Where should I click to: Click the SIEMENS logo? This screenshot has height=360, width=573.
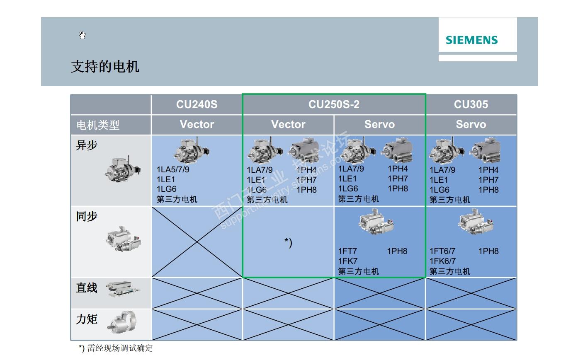[471, 40]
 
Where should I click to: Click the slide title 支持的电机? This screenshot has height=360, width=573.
[105, 66]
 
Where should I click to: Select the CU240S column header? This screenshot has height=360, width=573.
[197, 104]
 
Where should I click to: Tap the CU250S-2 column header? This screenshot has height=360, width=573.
[334, 104]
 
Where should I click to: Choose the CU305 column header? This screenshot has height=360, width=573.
[471, 104]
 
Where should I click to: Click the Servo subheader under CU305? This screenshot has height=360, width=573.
[471, 124]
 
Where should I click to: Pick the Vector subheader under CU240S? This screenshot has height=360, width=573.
[197, 124]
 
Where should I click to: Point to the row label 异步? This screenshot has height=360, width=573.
[87, 145]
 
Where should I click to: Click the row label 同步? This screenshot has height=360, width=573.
[87, 216]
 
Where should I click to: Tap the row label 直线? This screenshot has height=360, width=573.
[87, 288]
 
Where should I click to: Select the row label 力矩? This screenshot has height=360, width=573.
[87, 319]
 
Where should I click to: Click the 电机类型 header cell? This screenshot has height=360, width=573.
[98, 125]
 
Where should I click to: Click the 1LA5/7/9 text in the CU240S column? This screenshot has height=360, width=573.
[173, 169]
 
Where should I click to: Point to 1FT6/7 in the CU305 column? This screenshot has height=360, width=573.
[442, 251]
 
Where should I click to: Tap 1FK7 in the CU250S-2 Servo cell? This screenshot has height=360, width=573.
[347, 261]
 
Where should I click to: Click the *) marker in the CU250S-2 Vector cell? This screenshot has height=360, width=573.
[288, 242]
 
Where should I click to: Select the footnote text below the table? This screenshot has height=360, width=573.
[116, 348]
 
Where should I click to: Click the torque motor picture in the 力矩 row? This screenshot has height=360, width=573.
[122, 321]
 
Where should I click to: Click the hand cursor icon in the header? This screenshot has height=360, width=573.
[82, 35]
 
